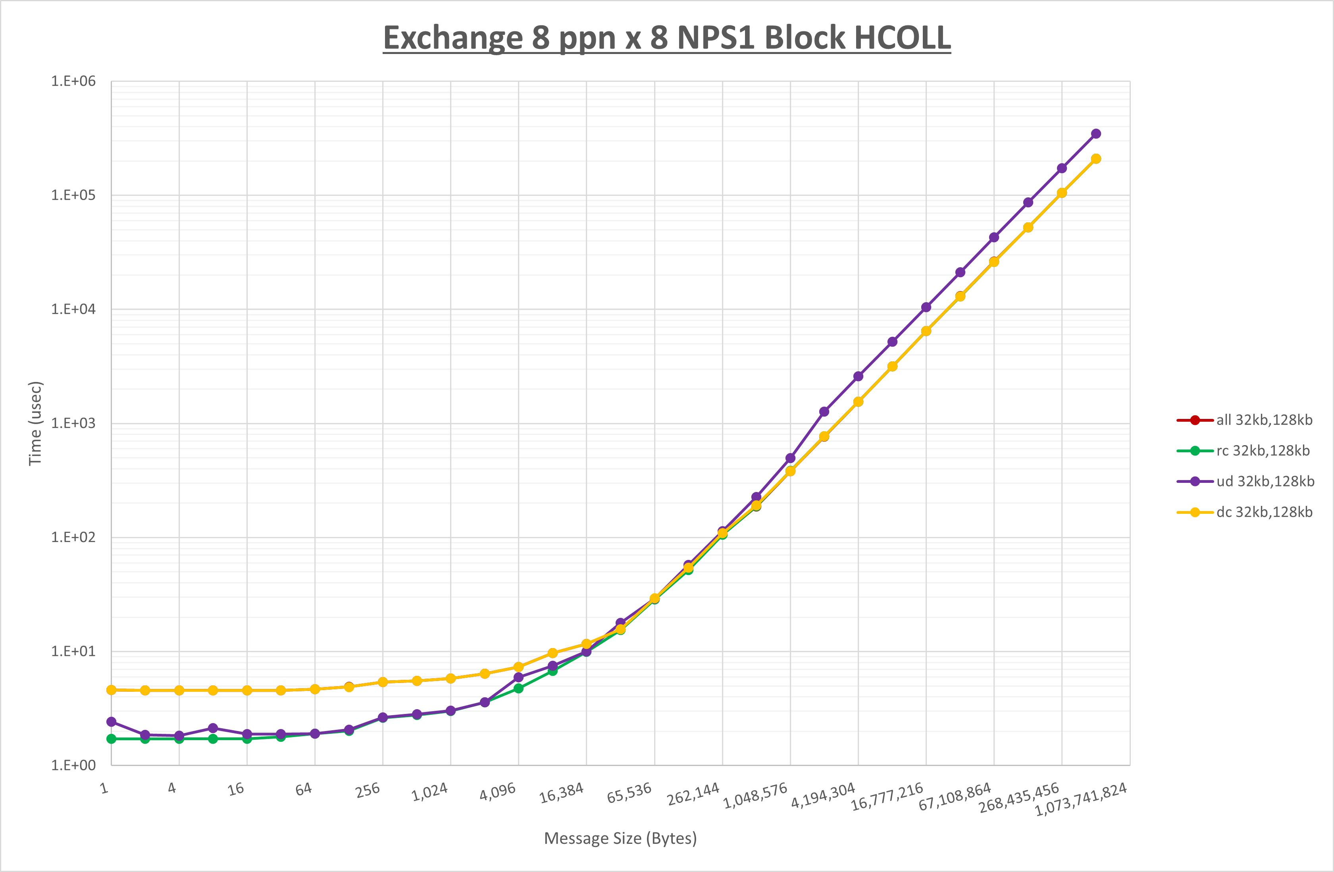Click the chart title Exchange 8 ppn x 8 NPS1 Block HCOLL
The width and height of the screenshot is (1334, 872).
click(x=666, y=38)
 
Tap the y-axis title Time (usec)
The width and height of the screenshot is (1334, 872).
click(x=35, y=423)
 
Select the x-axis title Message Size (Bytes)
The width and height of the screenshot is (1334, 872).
click(x=620, y=838)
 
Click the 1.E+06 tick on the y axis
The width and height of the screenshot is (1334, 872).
click(x=73, y=81)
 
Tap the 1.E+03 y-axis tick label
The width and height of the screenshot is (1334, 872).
click(x=73, y=423)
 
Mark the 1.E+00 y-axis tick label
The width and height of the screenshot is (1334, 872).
click(x=73, y=766)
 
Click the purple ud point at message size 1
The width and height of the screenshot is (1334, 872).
click(x=112, y=722)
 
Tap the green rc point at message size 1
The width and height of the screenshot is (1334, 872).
click(x=112, y=739)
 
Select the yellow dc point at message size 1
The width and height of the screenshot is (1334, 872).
click(x=112, y=690)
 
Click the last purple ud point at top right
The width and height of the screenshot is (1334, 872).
click(x=1096, y=133)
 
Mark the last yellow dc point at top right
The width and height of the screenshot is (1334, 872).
click(x=1096, y=159)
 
